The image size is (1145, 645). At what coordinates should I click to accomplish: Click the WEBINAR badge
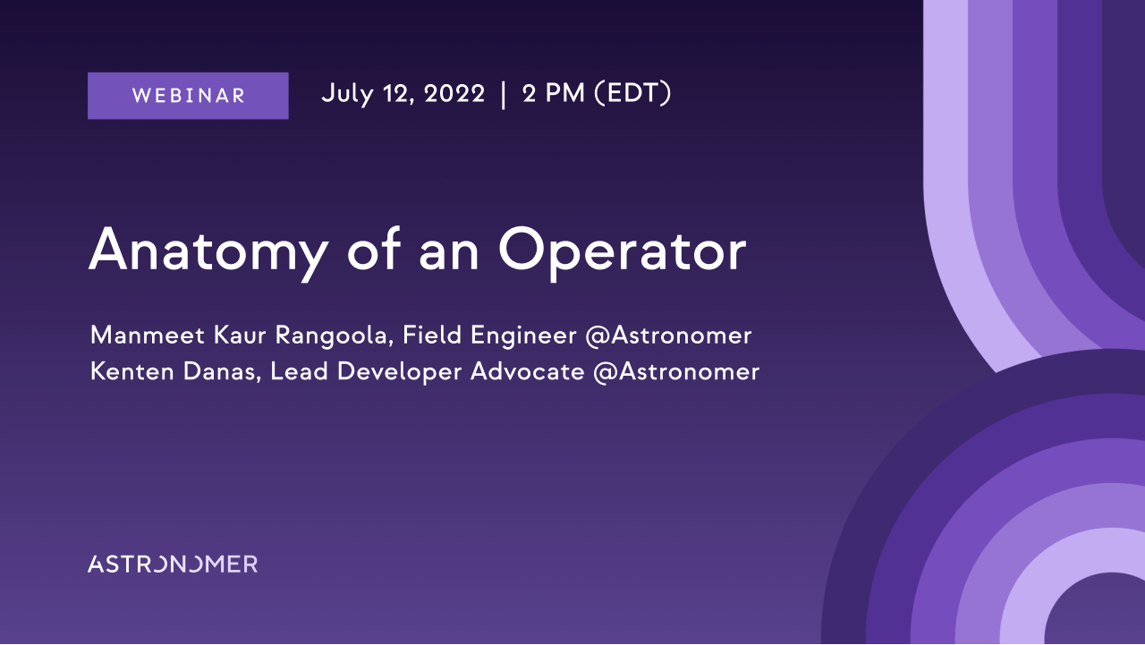(x=188, y=96)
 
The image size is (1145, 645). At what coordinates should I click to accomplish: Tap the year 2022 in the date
(x=454, y=94)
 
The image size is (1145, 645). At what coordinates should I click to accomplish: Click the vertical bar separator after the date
(x=504, y=95)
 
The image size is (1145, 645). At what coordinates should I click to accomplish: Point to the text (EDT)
(x=632, y=94)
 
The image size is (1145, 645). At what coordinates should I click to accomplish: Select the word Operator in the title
(x=623, y=252)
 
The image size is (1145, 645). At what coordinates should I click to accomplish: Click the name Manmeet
(x=148, y=335)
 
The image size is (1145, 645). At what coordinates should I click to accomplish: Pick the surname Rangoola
(x=335, y=336)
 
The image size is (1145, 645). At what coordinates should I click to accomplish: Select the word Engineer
(x=523, y=336)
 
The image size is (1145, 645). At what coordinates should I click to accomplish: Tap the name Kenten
(x=131, y=371)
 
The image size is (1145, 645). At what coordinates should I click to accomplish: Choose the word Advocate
(x=527, y=371)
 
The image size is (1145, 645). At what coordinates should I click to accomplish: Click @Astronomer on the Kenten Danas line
(x=676, y=372)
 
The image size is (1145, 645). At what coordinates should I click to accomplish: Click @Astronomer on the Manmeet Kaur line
(x=668, y=335)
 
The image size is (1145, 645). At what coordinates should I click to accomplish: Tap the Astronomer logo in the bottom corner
(x=173, y=564)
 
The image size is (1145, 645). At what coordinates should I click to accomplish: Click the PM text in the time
(x=564, y=94)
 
